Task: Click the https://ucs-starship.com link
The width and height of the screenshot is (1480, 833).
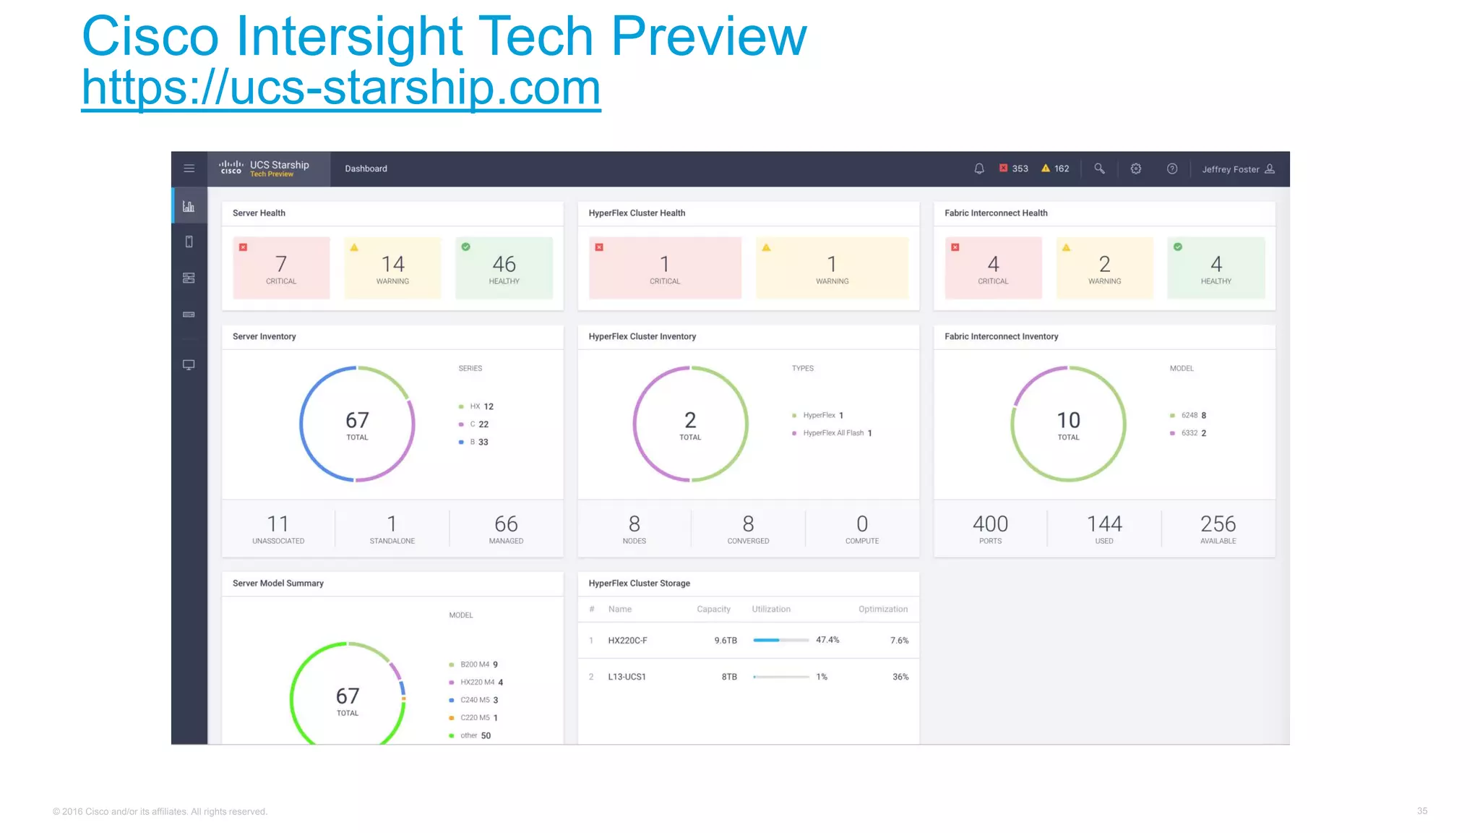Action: pyautogui.click(x=340, y=88)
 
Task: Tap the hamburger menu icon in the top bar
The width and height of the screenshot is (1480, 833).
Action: pyautogui.click(x=189, y=168)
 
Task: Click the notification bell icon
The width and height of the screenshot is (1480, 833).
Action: pyautogui.click(x=979, y=168)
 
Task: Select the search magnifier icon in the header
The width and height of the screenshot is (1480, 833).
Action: pyautogui.click(x=1099, y=168)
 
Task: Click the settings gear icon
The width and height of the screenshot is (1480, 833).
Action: pyautogui.click(x=1136, y=168)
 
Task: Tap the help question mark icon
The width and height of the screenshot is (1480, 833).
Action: pyautogui.click(x=1172, y=168)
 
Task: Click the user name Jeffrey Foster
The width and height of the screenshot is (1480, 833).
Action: pyautogui.click(x=1230, y=169)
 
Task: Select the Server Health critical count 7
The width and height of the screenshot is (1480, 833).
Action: pyautogui.click(x=281, y=264)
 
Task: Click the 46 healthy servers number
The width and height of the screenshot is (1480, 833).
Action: pyautogui.click(x=504, y=264)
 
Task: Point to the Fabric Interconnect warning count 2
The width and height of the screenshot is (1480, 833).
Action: pyautogui.click(x=1104, y=264)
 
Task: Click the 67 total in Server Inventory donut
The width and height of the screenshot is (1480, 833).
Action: pyautogui.click(x=357, y=421)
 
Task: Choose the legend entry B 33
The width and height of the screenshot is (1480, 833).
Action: pyautogui.click(x=478, y=442)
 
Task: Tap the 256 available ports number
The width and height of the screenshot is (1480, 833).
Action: pyautogui.click(x=1218, y=524)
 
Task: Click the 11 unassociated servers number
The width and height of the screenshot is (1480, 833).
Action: pyautogui.click(x=278, y=524)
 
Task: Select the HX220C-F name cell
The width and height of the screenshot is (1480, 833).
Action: pyautogui.click(x=627, y=641)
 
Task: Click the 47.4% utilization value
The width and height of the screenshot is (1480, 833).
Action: pyautogui.click(x=827, y=640)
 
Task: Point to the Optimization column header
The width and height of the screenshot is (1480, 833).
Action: pyautogui.click(x=882, y=609)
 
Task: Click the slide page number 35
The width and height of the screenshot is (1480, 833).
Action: pyautogui.click(x=1421, y=811)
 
